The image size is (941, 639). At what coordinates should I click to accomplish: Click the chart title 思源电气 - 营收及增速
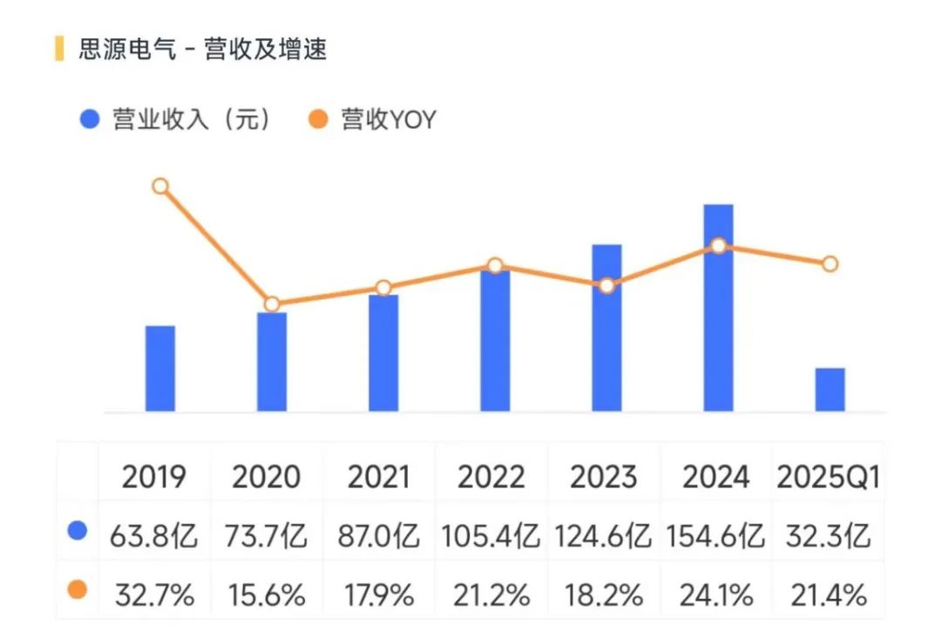[202, 50]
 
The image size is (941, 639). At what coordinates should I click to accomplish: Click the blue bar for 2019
[160, 369]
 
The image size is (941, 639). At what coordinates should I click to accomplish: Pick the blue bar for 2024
[719, 308]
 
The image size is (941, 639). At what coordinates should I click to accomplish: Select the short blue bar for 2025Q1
[830, 390]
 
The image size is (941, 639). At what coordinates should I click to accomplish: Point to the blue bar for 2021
[383, 353]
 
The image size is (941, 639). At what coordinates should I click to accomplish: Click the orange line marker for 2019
[160, 186]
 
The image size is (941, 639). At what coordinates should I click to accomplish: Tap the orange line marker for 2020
[272, 304]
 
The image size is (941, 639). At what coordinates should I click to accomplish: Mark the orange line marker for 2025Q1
[830, 264]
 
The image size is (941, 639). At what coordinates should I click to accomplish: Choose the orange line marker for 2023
[607, 285]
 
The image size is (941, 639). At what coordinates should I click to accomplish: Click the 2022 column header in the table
[491, 477]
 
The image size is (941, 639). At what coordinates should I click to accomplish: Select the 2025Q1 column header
[828, 477]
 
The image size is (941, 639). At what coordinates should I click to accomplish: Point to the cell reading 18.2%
[604, 595]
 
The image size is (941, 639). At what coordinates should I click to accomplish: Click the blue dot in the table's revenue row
[78, 531]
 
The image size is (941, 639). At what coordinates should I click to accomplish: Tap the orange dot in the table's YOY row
[78, 590]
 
